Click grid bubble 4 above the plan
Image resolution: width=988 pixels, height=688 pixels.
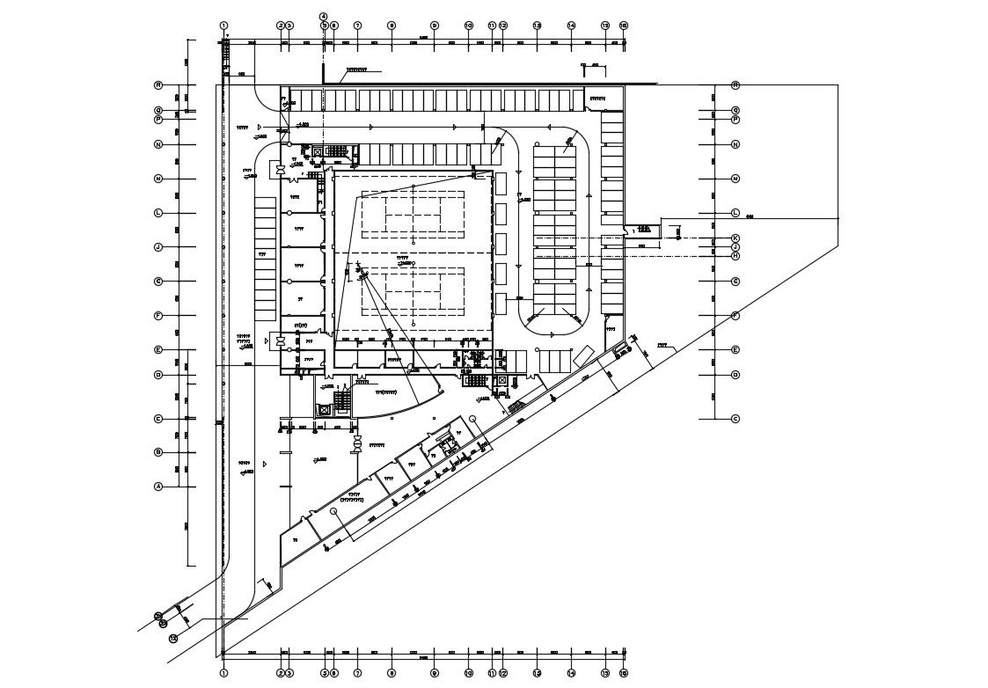(323, 17)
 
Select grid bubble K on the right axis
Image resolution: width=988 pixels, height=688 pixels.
(735, 238)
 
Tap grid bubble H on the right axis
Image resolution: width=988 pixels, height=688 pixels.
(735, 255)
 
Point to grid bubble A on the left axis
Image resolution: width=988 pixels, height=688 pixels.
(158, 487)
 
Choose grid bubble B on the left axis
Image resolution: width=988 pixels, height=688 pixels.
(158, 452)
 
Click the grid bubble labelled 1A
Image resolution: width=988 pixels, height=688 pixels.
(173, 638)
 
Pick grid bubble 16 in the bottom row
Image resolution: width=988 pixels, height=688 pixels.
(623, 674)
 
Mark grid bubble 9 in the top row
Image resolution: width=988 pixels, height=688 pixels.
(434, 26)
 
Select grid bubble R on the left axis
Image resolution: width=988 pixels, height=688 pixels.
(158, 85)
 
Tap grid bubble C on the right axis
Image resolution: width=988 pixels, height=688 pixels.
(735, 419)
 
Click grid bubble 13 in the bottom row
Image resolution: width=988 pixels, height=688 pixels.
(537, 674)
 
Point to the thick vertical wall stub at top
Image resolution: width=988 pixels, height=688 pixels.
(323, 72)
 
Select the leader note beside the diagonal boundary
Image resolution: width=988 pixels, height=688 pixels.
(662, 346)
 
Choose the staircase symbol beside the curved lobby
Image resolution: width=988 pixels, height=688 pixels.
(343, 400)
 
